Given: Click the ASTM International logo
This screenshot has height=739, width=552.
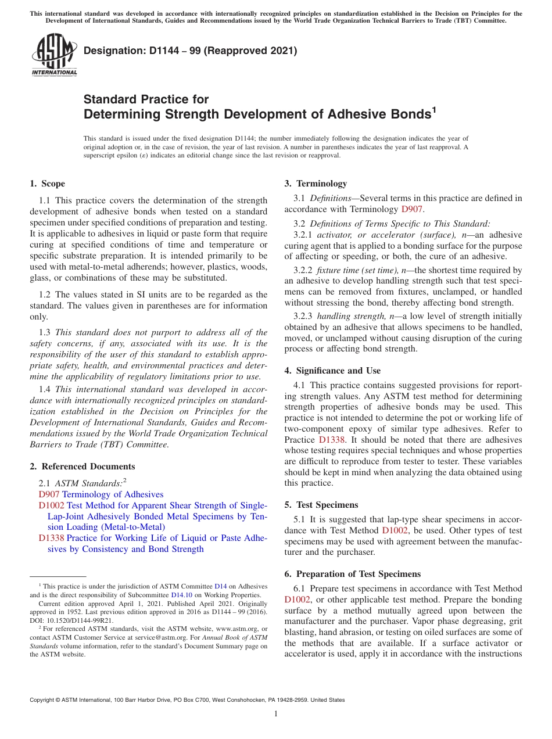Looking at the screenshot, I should tap(53, 56).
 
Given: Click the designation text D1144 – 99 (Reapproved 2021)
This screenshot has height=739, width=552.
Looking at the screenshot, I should tap(190, 51).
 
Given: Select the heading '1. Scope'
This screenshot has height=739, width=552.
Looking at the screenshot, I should tap(47, 184).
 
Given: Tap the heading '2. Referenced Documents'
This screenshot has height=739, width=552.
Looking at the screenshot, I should tap(82, 467).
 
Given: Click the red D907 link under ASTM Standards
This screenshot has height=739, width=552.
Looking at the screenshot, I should tap(49, 494).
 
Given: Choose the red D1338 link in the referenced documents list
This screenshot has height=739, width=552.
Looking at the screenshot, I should tap(51, 538).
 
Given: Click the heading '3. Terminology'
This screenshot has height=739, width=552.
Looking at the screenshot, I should tap(316, 184).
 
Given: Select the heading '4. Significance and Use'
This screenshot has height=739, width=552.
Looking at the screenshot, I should tap(332, 371).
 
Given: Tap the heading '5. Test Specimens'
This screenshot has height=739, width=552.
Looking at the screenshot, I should tap(321, 505).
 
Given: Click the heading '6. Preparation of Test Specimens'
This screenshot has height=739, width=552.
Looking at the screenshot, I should tap(352, 574).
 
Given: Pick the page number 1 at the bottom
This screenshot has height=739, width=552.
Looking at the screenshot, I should tap(276, 713).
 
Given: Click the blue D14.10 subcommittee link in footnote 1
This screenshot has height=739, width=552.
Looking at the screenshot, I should tap(181, 595).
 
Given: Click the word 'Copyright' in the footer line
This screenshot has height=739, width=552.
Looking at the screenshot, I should tap(44, 700).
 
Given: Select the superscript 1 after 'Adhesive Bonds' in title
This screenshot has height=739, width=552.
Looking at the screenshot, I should tap(434, 109).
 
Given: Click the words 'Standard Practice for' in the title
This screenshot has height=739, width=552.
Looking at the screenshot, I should tap(146, 99).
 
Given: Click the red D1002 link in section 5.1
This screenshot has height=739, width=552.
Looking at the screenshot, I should tap(393, 530).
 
